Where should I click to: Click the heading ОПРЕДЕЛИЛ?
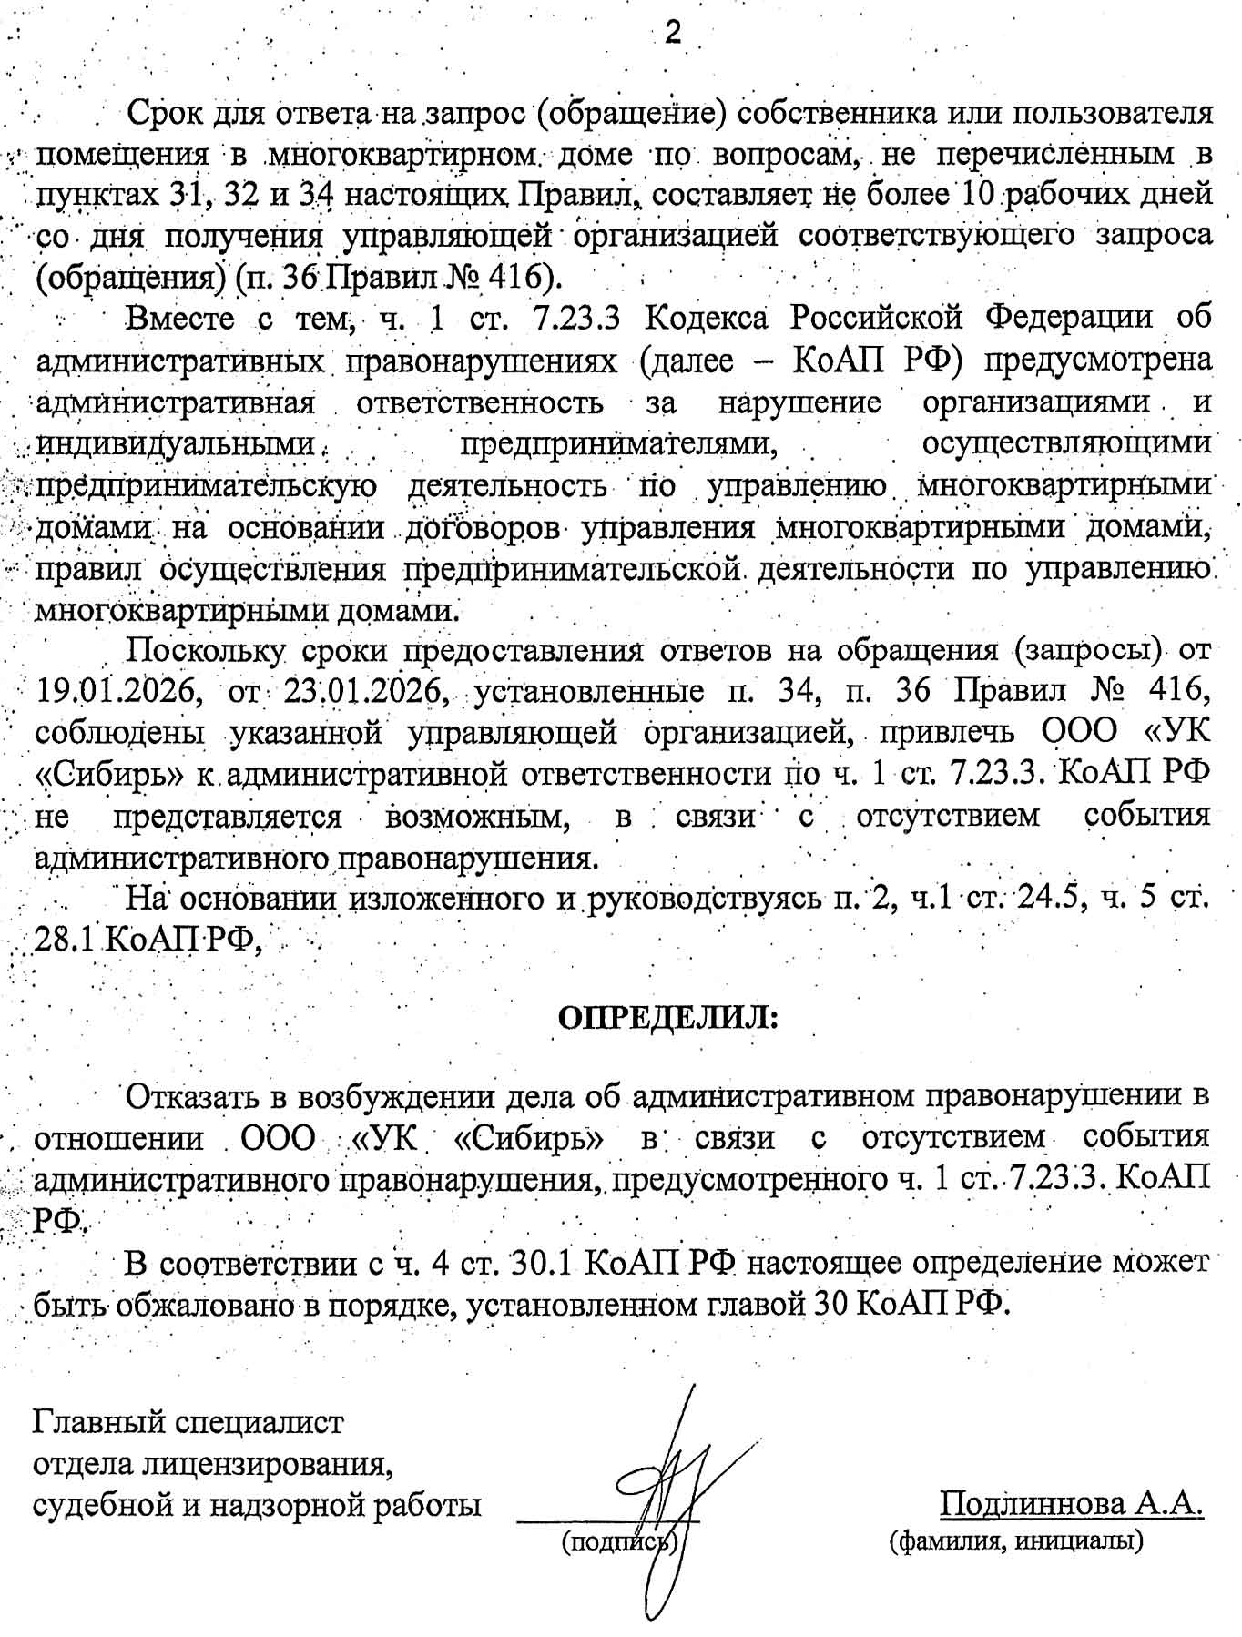click(668, 1016)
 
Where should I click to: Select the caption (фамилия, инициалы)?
click(1016, 1540)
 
